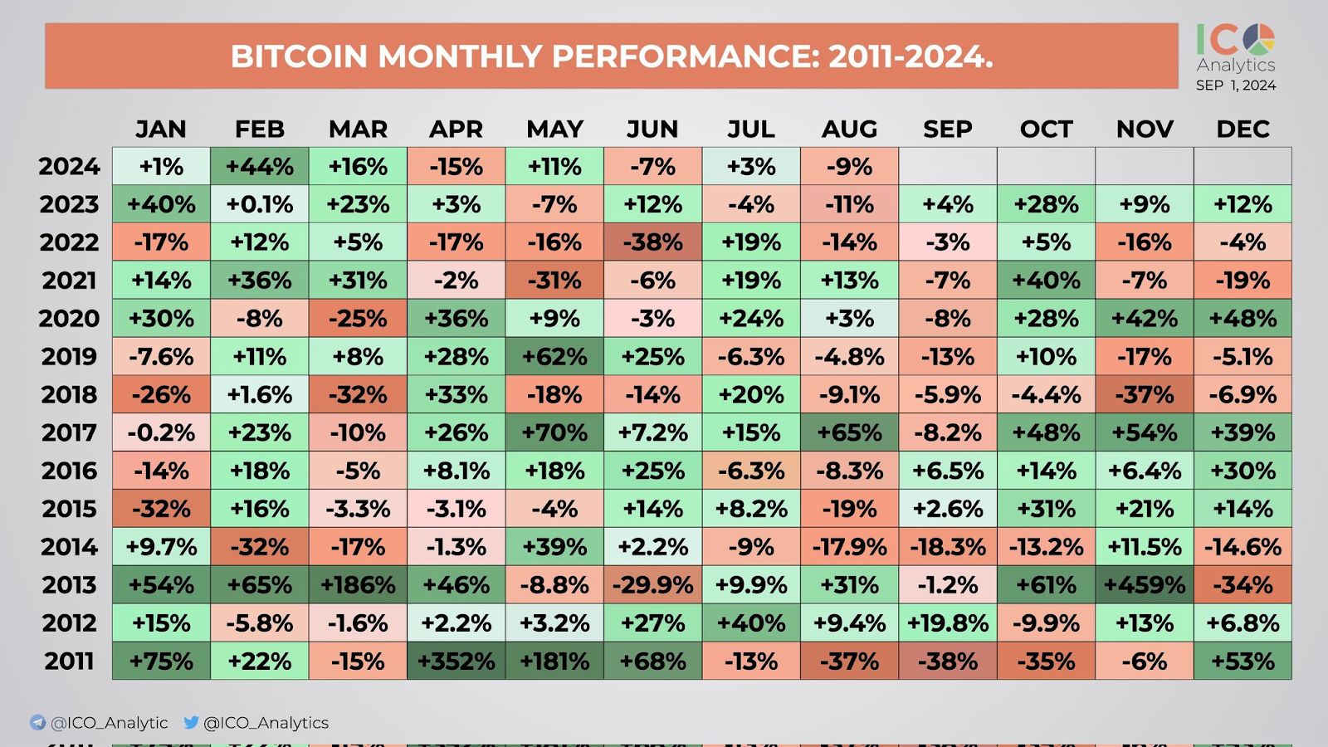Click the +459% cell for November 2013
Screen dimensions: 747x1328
[1145, 585]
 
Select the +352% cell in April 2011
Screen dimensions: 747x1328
[456, 662]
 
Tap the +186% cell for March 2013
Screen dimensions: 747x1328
[358, 585]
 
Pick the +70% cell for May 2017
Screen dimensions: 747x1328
[554, 432]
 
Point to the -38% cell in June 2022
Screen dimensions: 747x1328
[652, 242]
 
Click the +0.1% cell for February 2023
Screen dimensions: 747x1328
[259, 204]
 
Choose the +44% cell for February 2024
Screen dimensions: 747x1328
[259, 166]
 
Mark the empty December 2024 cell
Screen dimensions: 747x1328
[1243, 166]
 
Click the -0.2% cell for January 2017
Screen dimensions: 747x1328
[161, 432]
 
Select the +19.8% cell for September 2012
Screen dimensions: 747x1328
[948, 623]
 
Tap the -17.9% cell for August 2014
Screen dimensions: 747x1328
[849, 547]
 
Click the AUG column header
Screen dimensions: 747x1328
[849, 129]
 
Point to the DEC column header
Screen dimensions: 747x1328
[1243, 129]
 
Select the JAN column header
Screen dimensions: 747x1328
[161, 129]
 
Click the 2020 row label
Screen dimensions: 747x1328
[70, 319]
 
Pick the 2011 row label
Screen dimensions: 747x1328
[70, 662]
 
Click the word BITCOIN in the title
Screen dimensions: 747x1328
[299, 56]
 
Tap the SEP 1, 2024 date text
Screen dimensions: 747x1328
[1236, 85]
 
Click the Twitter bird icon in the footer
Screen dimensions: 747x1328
[191, 722]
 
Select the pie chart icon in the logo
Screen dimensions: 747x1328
[1260, 38]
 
